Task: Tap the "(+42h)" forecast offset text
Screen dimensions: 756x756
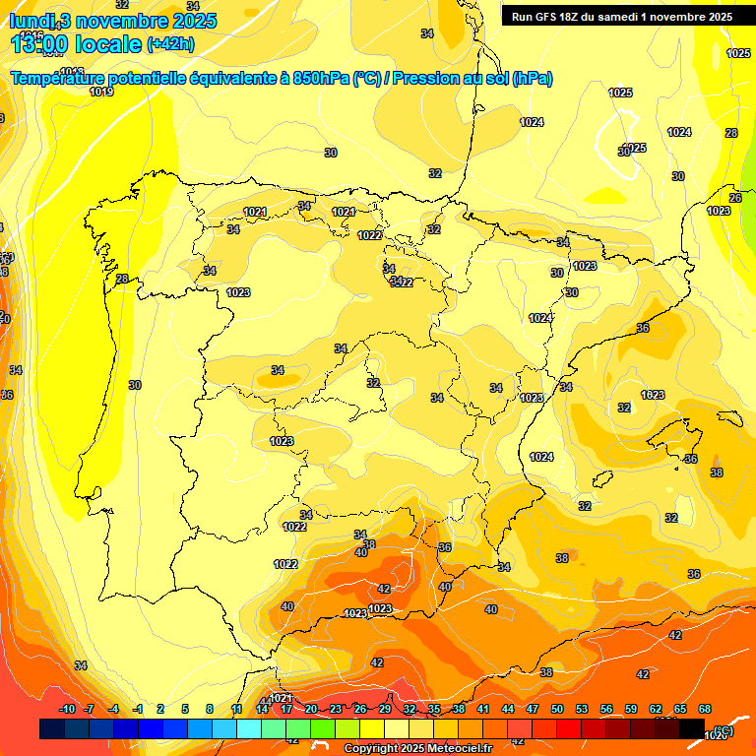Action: coord(168,43)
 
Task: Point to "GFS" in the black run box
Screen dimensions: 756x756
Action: coord(547,17)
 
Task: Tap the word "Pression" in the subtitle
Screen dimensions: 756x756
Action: coord(421,79)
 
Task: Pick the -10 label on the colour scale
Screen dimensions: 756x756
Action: coord(67,709)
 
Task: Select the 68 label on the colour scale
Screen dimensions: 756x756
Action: coord(705,709)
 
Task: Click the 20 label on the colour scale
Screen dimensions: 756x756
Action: coord(311,709)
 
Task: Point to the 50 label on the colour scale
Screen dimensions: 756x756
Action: coord(557,709)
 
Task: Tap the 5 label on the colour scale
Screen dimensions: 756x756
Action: coord(185,709)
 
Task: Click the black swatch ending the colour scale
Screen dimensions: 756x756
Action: coord(692,728)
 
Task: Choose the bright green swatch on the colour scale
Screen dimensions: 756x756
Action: coord(323,728)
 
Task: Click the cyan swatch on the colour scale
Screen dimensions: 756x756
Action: coord(249,728)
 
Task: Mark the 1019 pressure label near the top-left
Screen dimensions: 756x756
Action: coord(101,92)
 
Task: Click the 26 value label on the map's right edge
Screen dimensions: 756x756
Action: coord(735,198)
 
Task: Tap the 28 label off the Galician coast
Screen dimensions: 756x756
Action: coord(122,279)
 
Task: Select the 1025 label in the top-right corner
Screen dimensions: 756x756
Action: coord(738,53)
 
